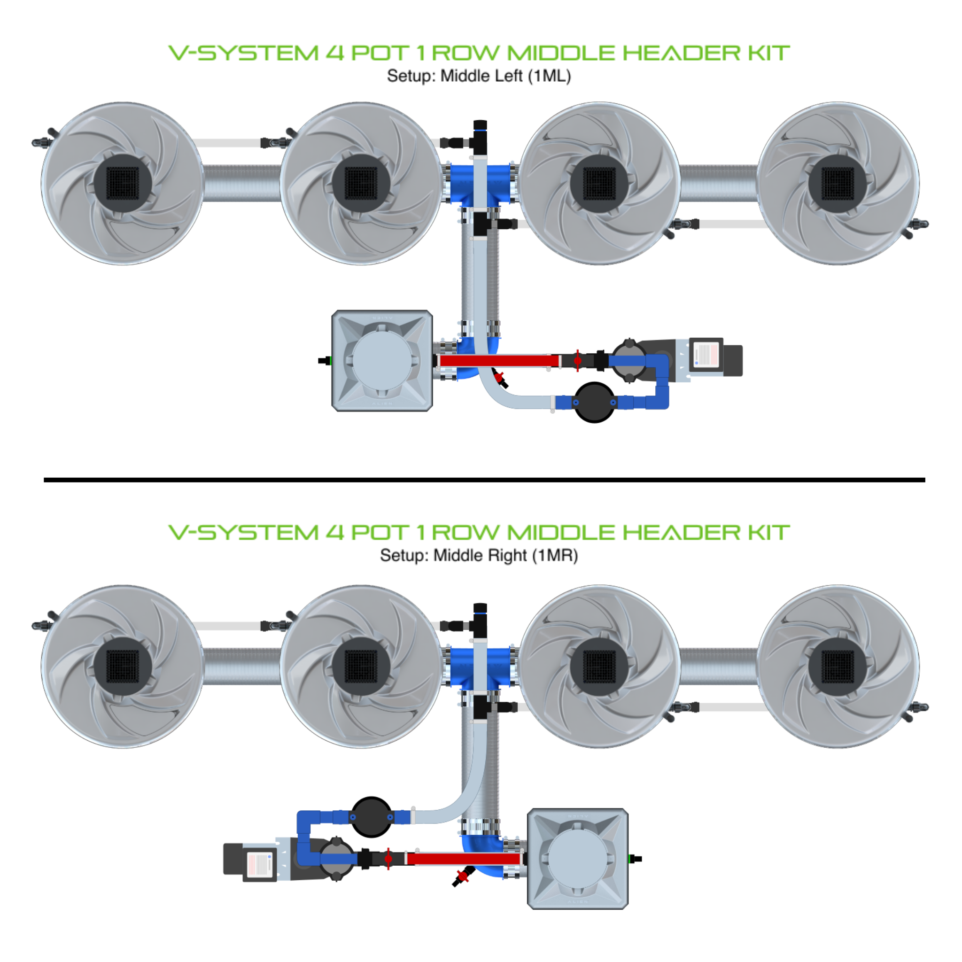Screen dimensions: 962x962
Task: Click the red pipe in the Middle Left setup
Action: (498, 360)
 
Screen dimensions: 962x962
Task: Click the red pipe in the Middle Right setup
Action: (463, 859)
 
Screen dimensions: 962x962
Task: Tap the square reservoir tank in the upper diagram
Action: (382, 360)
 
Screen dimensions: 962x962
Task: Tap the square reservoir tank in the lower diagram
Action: (578, 859)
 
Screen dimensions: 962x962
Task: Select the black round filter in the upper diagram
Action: (595, 403)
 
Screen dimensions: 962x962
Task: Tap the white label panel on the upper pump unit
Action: (706, 355)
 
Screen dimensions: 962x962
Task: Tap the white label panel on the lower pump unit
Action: (259, 863)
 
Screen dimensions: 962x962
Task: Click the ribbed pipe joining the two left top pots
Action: (242, 183)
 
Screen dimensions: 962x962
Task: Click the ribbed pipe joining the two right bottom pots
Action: (719, 666)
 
